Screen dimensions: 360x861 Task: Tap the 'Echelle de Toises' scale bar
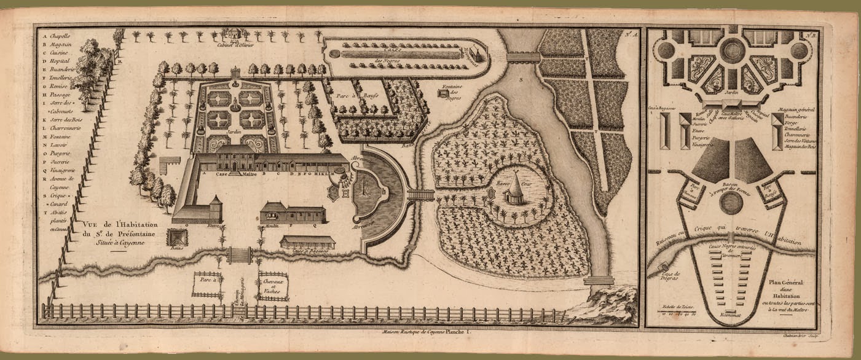click(674, 310)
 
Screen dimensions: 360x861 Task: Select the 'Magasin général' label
click(797, 109)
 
